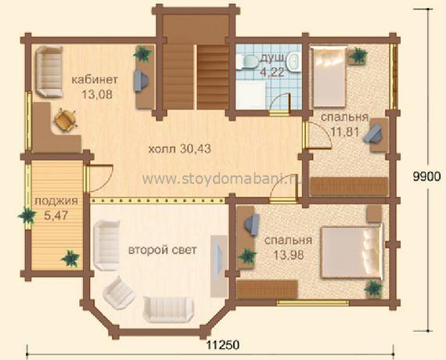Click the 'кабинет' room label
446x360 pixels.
[95, 80]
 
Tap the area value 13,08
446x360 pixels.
[97, 94]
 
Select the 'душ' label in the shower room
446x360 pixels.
[272, 58]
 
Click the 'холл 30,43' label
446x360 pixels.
[180, 149]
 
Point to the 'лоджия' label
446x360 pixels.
[56, 201]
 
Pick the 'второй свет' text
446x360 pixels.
[163, 250]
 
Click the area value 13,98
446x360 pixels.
[289, 254]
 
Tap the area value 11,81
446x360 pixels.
[344, 131]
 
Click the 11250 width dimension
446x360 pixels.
[223, 345]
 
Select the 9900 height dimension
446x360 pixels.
[426, 177]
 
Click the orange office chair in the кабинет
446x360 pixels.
[66, 120]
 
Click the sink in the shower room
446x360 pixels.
[293, 62]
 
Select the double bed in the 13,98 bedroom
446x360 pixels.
[351, 252]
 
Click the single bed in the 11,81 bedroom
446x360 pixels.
[329, 77]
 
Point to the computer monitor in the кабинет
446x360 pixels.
[141, 81]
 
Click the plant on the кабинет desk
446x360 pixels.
[142, 54]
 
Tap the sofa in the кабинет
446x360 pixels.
[49, 72]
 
